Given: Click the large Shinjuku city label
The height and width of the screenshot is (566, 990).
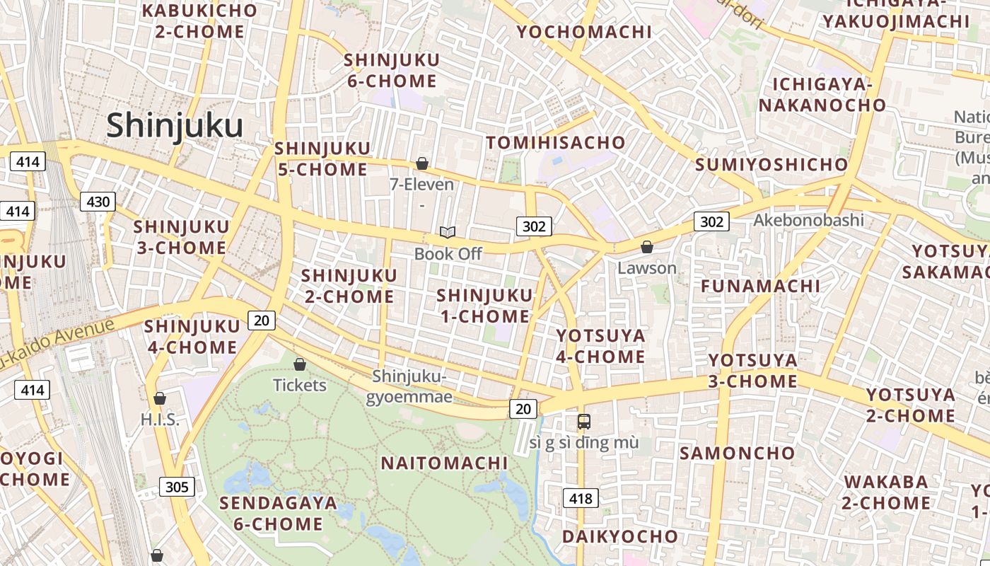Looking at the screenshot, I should (x=175, y=126).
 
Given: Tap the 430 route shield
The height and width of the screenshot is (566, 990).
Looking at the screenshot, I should (x=98, y=202).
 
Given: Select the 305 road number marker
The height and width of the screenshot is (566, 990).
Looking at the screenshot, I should (x=177, y=487).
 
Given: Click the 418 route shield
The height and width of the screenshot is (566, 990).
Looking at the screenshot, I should (x=581, y=498).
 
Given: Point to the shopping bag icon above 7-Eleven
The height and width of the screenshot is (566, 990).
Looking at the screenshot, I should (x=422, y=163).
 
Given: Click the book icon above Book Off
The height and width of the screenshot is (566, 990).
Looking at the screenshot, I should (x=448, y=232).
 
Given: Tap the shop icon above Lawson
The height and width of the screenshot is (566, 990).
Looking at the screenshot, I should (x=646, y=247).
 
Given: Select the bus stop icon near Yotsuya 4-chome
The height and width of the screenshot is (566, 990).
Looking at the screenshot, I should (x=584, y=422).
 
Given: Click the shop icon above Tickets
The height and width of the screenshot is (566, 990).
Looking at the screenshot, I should (x=300, y=364).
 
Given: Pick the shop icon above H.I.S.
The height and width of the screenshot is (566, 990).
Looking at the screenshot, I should (x=160, y=398).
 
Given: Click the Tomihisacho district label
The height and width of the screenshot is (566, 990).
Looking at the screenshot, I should (x=556, y=143).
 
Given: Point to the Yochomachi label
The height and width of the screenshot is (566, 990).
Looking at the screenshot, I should (x=584, y=32).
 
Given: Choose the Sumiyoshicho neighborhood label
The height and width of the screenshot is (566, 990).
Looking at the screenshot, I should (x=771, y=165).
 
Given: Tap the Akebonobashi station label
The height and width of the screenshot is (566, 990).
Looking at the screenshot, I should (x=808, y=220).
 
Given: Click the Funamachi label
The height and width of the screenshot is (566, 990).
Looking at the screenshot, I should (x=760, y=286).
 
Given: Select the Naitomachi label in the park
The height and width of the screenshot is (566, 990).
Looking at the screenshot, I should (x=444, y=463).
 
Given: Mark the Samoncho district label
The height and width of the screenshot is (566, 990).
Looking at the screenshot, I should (x=738, y=453).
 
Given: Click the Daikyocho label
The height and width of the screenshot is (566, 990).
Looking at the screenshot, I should (x=620, y=536).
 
